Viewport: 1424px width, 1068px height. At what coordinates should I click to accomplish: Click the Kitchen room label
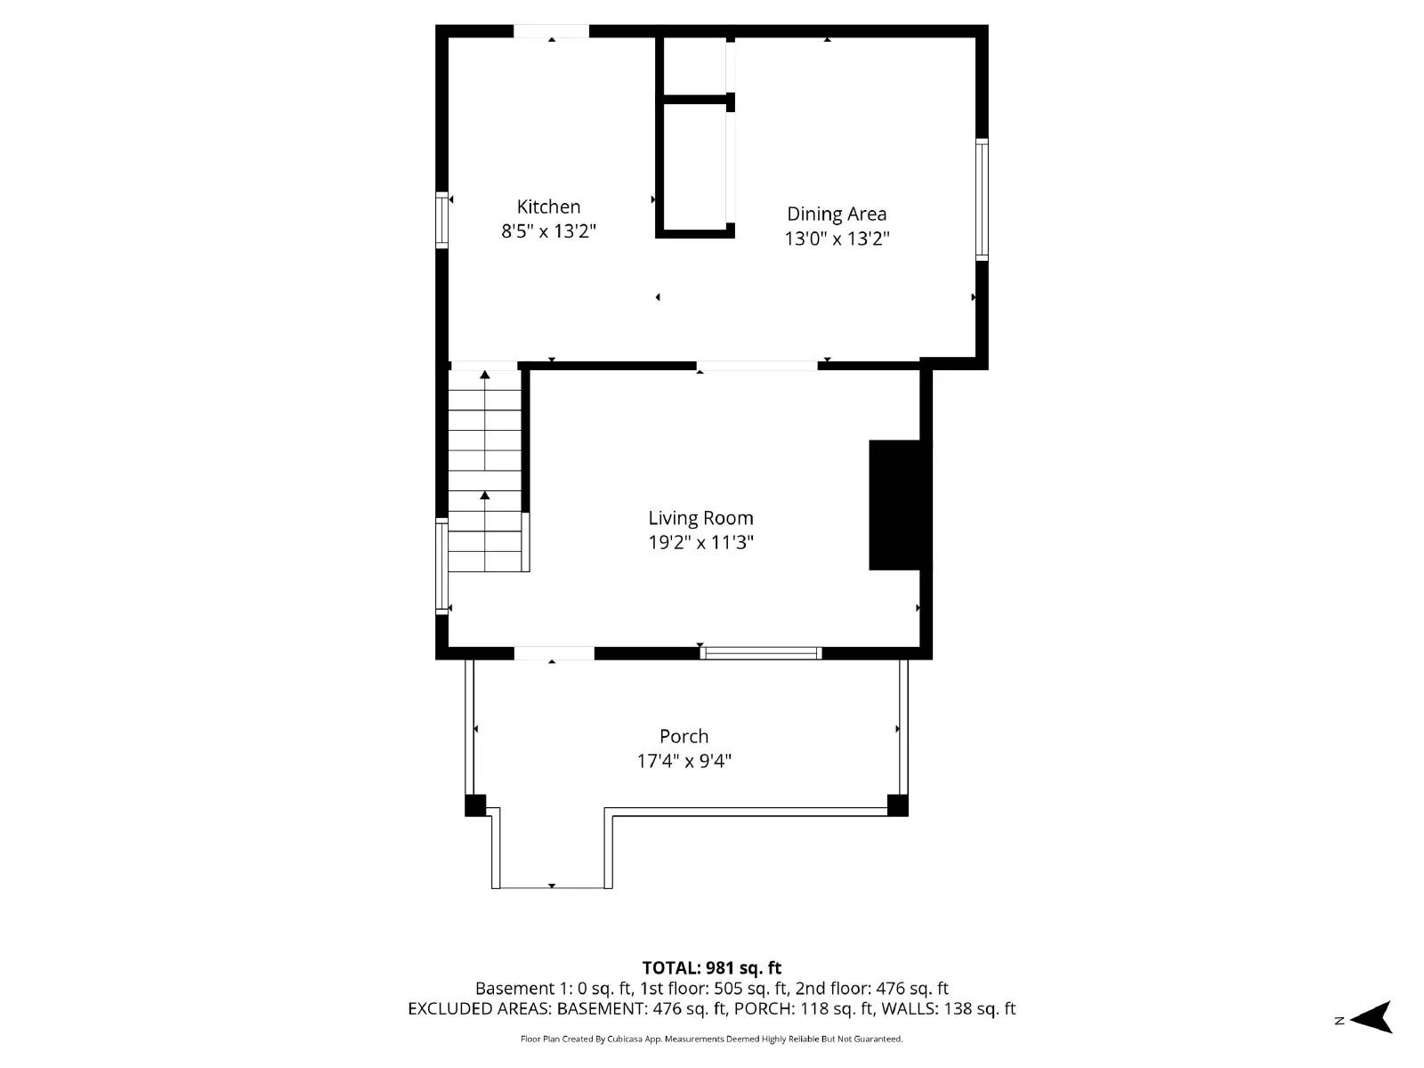(548, 206)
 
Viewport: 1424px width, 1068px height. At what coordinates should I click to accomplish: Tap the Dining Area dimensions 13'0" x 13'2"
(837, 239)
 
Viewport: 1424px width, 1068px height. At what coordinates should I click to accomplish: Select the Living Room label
(700, 518)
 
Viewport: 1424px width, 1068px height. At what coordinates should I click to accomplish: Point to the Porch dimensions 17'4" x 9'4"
(684, 761)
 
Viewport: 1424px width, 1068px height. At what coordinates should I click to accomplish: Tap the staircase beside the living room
(485, 470)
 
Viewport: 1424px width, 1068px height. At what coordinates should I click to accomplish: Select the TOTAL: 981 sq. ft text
(711, 967)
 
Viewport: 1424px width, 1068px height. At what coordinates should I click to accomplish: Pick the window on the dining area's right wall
(982, 198)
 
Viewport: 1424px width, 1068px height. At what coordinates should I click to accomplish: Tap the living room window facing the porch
(760, 653)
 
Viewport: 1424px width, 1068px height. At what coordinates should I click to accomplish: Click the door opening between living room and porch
(554, 653)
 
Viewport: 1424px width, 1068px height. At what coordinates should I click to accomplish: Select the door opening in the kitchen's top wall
(551, 31)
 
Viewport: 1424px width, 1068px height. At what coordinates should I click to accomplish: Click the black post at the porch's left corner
(475, 805)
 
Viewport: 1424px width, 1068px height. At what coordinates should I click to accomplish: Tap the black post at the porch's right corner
(897, 805)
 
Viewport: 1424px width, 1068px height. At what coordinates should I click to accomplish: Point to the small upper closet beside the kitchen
(695, 66)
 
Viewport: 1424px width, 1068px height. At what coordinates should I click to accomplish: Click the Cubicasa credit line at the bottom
(711, 1039)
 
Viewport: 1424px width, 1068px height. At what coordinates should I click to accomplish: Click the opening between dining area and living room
(756, 365)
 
